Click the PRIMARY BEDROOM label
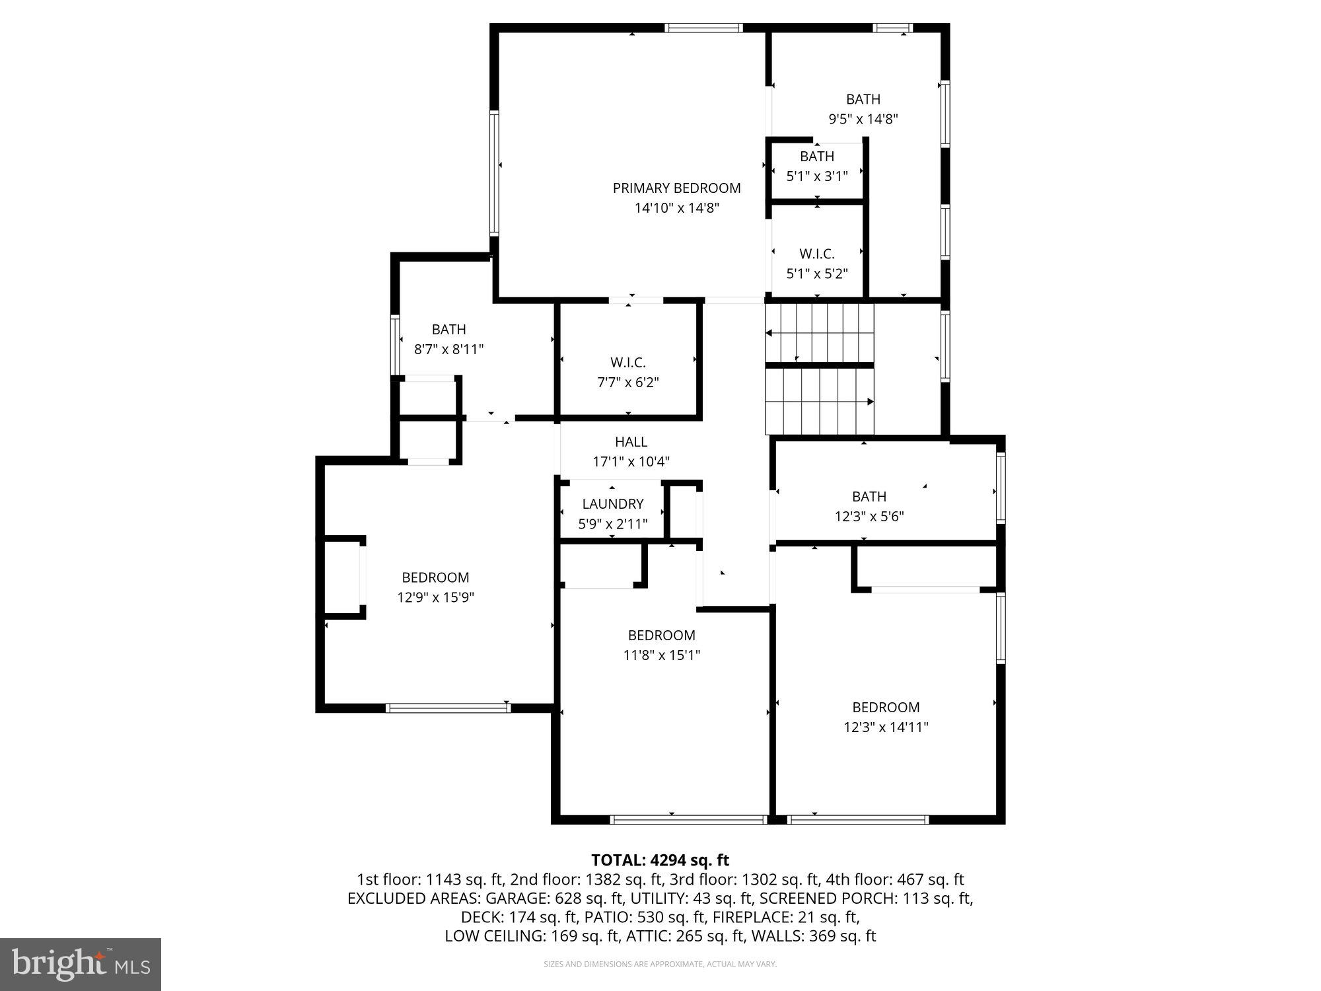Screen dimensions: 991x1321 tap(676, 188)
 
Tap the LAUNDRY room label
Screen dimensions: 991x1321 tap(612, 504)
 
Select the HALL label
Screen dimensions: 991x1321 tap(631, 442)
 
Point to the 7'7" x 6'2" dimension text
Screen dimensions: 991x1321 tap(627, 383)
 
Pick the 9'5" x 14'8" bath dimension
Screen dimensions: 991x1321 tap(863, 120)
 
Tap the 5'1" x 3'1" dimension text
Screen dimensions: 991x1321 tap(816, 176)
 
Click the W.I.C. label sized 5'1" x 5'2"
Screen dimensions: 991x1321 tap(816, 254)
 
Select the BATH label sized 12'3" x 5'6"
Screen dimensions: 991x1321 tap(869, 497)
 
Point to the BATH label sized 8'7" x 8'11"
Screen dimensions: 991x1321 tap(448, 330)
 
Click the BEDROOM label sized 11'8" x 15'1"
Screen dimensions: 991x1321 tap(661, 636)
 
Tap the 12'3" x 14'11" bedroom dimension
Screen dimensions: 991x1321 tap(886, 727)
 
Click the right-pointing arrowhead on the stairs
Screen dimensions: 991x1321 tap(870, 402)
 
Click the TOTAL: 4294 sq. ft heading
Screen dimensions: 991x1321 tap(660, 860)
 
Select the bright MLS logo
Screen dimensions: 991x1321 tap(81, 965)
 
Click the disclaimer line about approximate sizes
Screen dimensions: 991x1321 tap(660, 965)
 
